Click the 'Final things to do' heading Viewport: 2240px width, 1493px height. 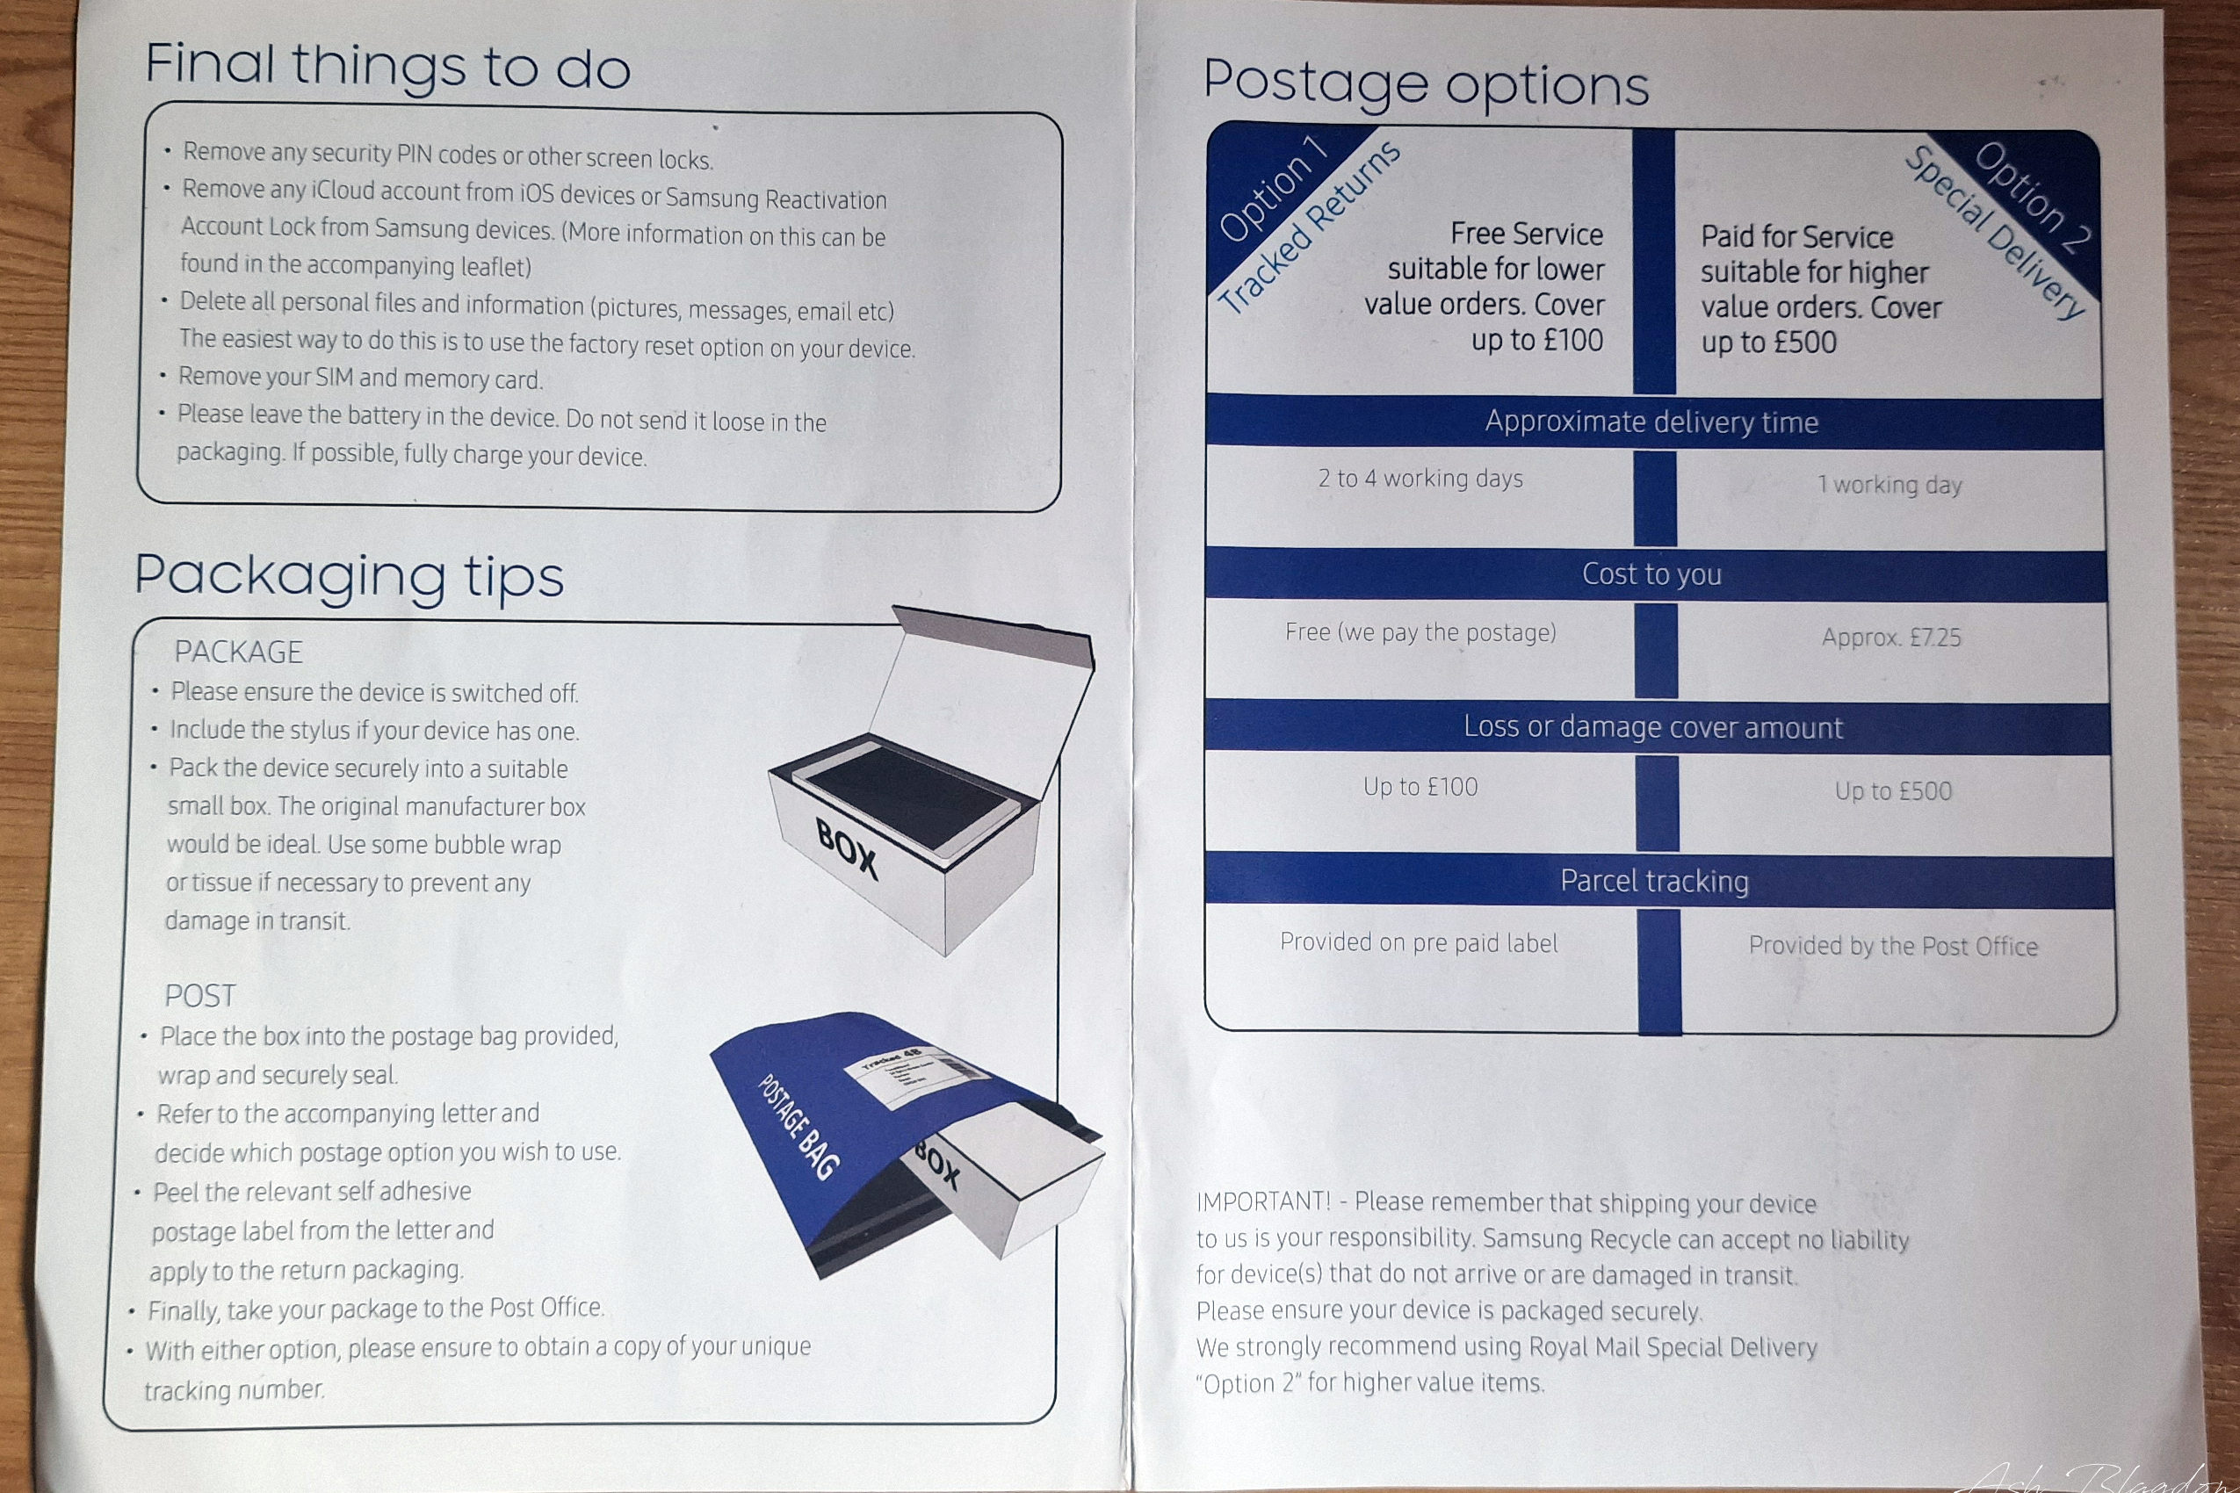click(x=387, y=67)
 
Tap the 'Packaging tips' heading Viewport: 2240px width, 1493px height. click(x=349, y=577)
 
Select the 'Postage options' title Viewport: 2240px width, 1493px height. click(x=1426, y=83)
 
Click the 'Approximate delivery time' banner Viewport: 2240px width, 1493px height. click(x=1651, y=422)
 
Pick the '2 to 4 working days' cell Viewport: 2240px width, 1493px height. click(x=1420, y=478)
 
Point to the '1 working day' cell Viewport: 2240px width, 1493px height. click(x=1890, y=485)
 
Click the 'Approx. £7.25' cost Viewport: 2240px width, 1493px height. click(x=1891, y=637)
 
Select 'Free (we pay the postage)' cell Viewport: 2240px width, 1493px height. click(x=1420, y=632)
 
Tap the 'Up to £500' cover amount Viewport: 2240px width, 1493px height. click(x=1893, y=790)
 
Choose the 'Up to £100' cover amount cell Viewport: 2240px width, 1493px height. click(x=1420, y=787)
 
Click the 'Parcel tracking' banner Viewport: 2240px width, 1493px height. click(x=1654, y=881)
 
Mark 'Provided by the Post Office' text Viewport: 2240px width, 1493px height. click(x=1893, y=946)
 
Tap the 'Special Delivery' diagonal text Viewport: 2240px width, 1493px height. click(x=1994, y=234)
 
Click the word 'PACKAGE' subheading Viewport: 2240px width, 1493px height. click(x=238, y=653)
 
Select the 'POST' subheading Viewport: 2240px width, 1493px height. click(x=200, y=996)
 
